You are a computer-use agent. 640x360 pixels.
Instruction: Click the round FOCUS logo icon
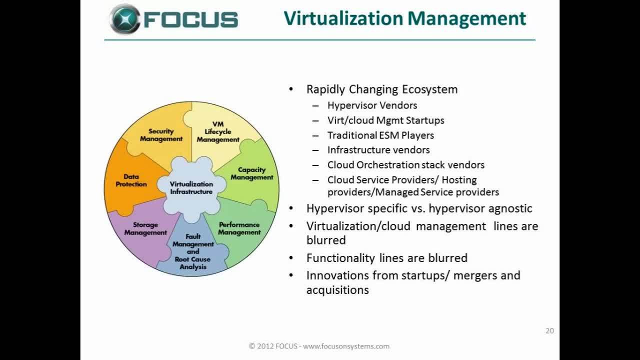pyautogui.click(x=125, y=19)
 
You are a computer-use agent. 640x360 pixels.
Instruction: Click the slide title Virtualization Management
pyautogui.click(x=405, y=19)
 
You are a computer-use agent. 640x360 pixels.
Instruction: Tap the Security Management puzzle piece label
pyautogui.click(x=161, y=135)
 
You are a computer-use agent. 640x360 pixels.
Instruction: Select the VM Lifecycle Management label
pyautogui.click(x=218, y=132)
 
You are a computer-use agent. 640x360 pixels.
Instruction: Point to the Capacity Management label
pyautogui.click(x=251, y=173)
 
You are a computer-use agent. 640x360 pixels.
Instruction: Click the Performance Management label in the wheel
pyautogui.click(x=239, y=228)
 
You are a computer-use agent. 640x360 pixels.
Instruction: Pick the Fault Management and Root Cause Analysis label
pyautogui.click(x=193, y=251)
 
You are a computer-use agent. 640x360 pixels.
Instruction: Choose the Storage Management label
pyautogui.click(x=145, y=229)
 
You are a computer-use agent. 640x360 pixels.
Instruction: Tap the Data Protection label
pyautogui.click(x=131, y=180)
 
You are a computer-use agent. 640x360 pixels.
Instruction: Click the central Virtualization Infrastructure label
pyautogui.click(x=191, y=188)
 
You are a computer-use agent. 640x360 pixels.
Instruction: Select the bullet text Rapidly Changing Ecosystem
pyautogui.click(x=382, y=89)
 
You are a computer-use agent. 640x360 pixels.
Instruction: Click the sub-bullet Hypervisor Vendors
pyautogui.click(x=372, y=105)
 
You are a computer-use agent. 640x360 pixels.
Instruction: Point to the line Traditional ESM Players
pyautogui.click(x=380, y=135)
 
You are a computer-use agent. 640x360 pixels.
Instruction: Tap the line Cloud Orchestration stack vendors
pyautogui.click(x=406, y=165)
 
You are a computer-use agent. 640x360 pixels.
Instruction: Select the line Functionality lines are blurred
pyautogui.click(x=387, y=257)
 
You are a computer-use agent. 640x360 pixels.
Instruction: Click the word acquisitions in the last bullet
pyautogui.click(x=337, y=290)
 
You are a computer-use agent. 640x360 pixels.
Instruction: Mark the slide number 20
pyautogui.click(x=549, y=330)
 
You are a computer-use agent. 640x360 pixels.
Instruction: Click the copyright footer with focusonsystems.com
pyautogui.click(x=319, y=346)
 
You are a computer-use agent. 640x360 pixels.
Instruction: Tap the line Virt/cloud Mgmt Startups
pyautogui.click(x=385, y=120)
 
